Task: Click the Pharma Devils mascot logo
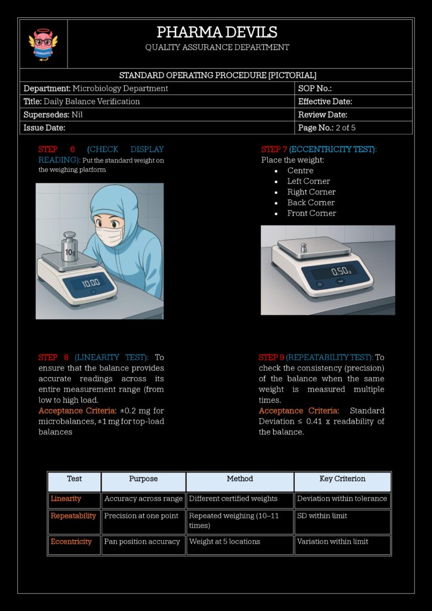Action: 43,44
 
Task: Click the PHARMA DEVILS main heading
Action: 217,32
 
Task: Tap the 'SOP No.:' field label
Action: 314,88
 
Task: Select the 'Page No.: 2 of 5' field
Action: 326,128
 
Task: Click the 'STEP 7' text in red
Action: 274,149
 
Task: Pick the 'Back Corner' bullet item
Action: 311,202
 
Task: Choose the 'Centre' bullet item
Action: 300,171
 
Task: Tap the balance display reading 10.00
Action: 91,283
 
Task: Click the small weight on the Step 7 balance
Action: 304,247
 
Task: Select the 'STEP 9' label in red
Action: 271,357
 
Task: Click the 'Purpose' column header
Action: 143,479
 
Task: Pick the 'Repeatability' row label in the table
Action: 73,516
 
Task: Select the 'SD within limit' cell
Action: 322,516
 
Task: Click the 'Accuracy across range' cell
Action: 143,499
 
